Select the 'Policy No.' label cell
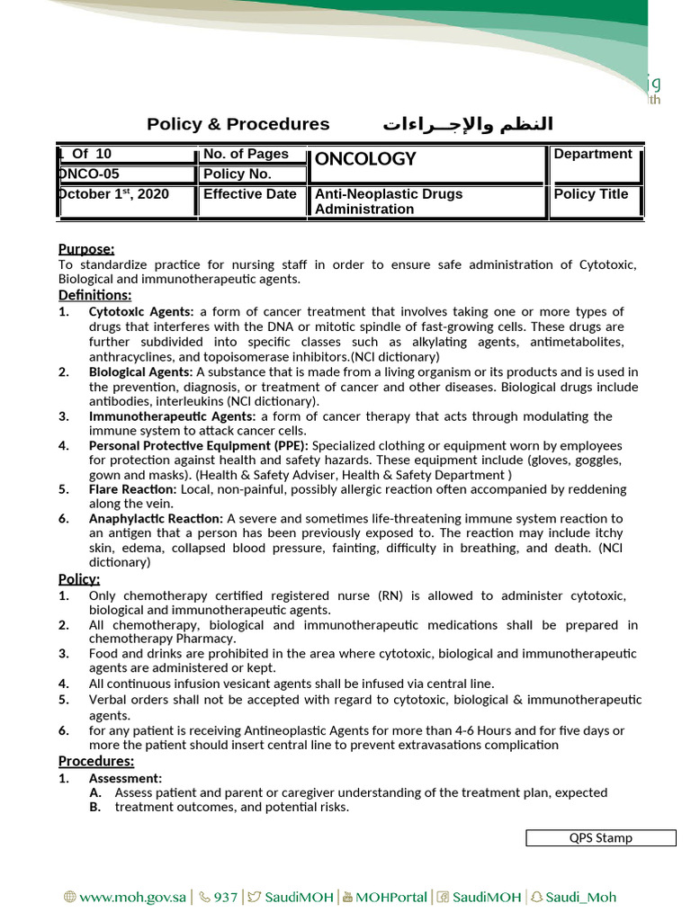point(237,174)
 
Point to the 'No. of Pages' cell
point(246,154)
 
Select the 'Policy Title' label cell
point(591,194)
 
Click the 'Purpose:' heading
point(86,249)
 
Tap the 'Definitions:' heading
point(94,295)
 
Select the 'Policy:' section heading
point(79,579)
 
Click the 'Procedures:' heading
point(96,762)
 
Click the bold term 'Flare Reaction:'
point(134,489)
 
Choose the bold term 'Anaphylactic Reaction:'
point(156,519)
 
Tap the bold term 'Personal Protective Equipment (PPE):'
point(199,445)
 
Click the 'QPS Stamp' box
point(600,838)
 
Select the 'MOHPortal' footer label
point(391,897)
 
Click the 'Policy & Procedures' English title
point(238,124)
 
